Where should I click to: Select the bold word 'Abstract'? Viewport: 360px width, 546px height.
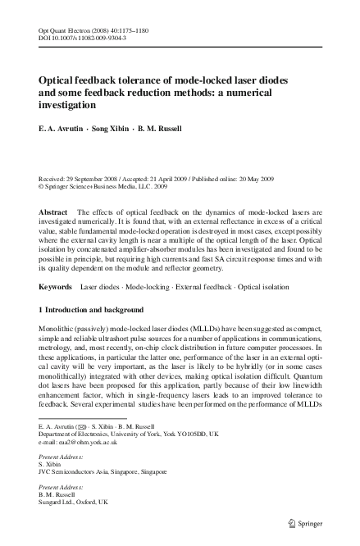[54, 212]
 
